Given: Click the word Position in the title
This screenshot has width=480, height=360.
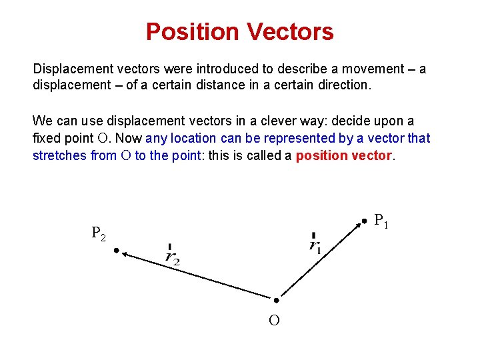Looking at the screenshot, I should pyautogui.click(x=189, y=31).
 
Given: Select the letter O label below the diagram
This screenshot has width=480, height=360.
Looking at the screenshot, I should pyautogui.click(x=274, y=321).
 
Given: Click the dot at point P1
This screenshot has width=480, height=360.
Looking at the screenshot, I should pyautogui.click(x=363, y=221).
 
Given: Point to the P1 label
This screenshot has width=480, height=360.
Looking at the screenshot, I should pyautogui.click(x=381, y=220).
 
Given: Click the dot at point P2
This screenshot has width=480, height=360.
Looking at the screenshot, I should pyautogui.click(x=115, y=251).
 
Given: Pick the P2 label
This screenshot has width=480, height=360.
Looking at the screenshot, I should pyautogui.click(x=98, y=233).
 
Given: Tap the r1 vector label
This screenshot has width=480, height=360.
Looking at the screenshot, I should pyautogui.click(x=315, y=243).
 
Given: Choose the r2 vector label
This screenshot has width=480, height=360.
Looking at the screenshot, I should pyautogui.click(x=172, y=255).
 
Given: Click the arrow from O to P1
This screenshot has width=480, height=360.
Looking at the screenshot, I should pyautogui.click(x=319, y=261).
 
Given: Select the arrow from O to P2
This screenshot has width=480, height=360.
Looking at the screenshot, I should pyautogui.click(x=197, y=275).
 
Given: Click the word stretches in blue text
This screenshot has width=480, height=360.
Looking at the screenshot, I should pyautogui.click(x=60, y=156).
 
